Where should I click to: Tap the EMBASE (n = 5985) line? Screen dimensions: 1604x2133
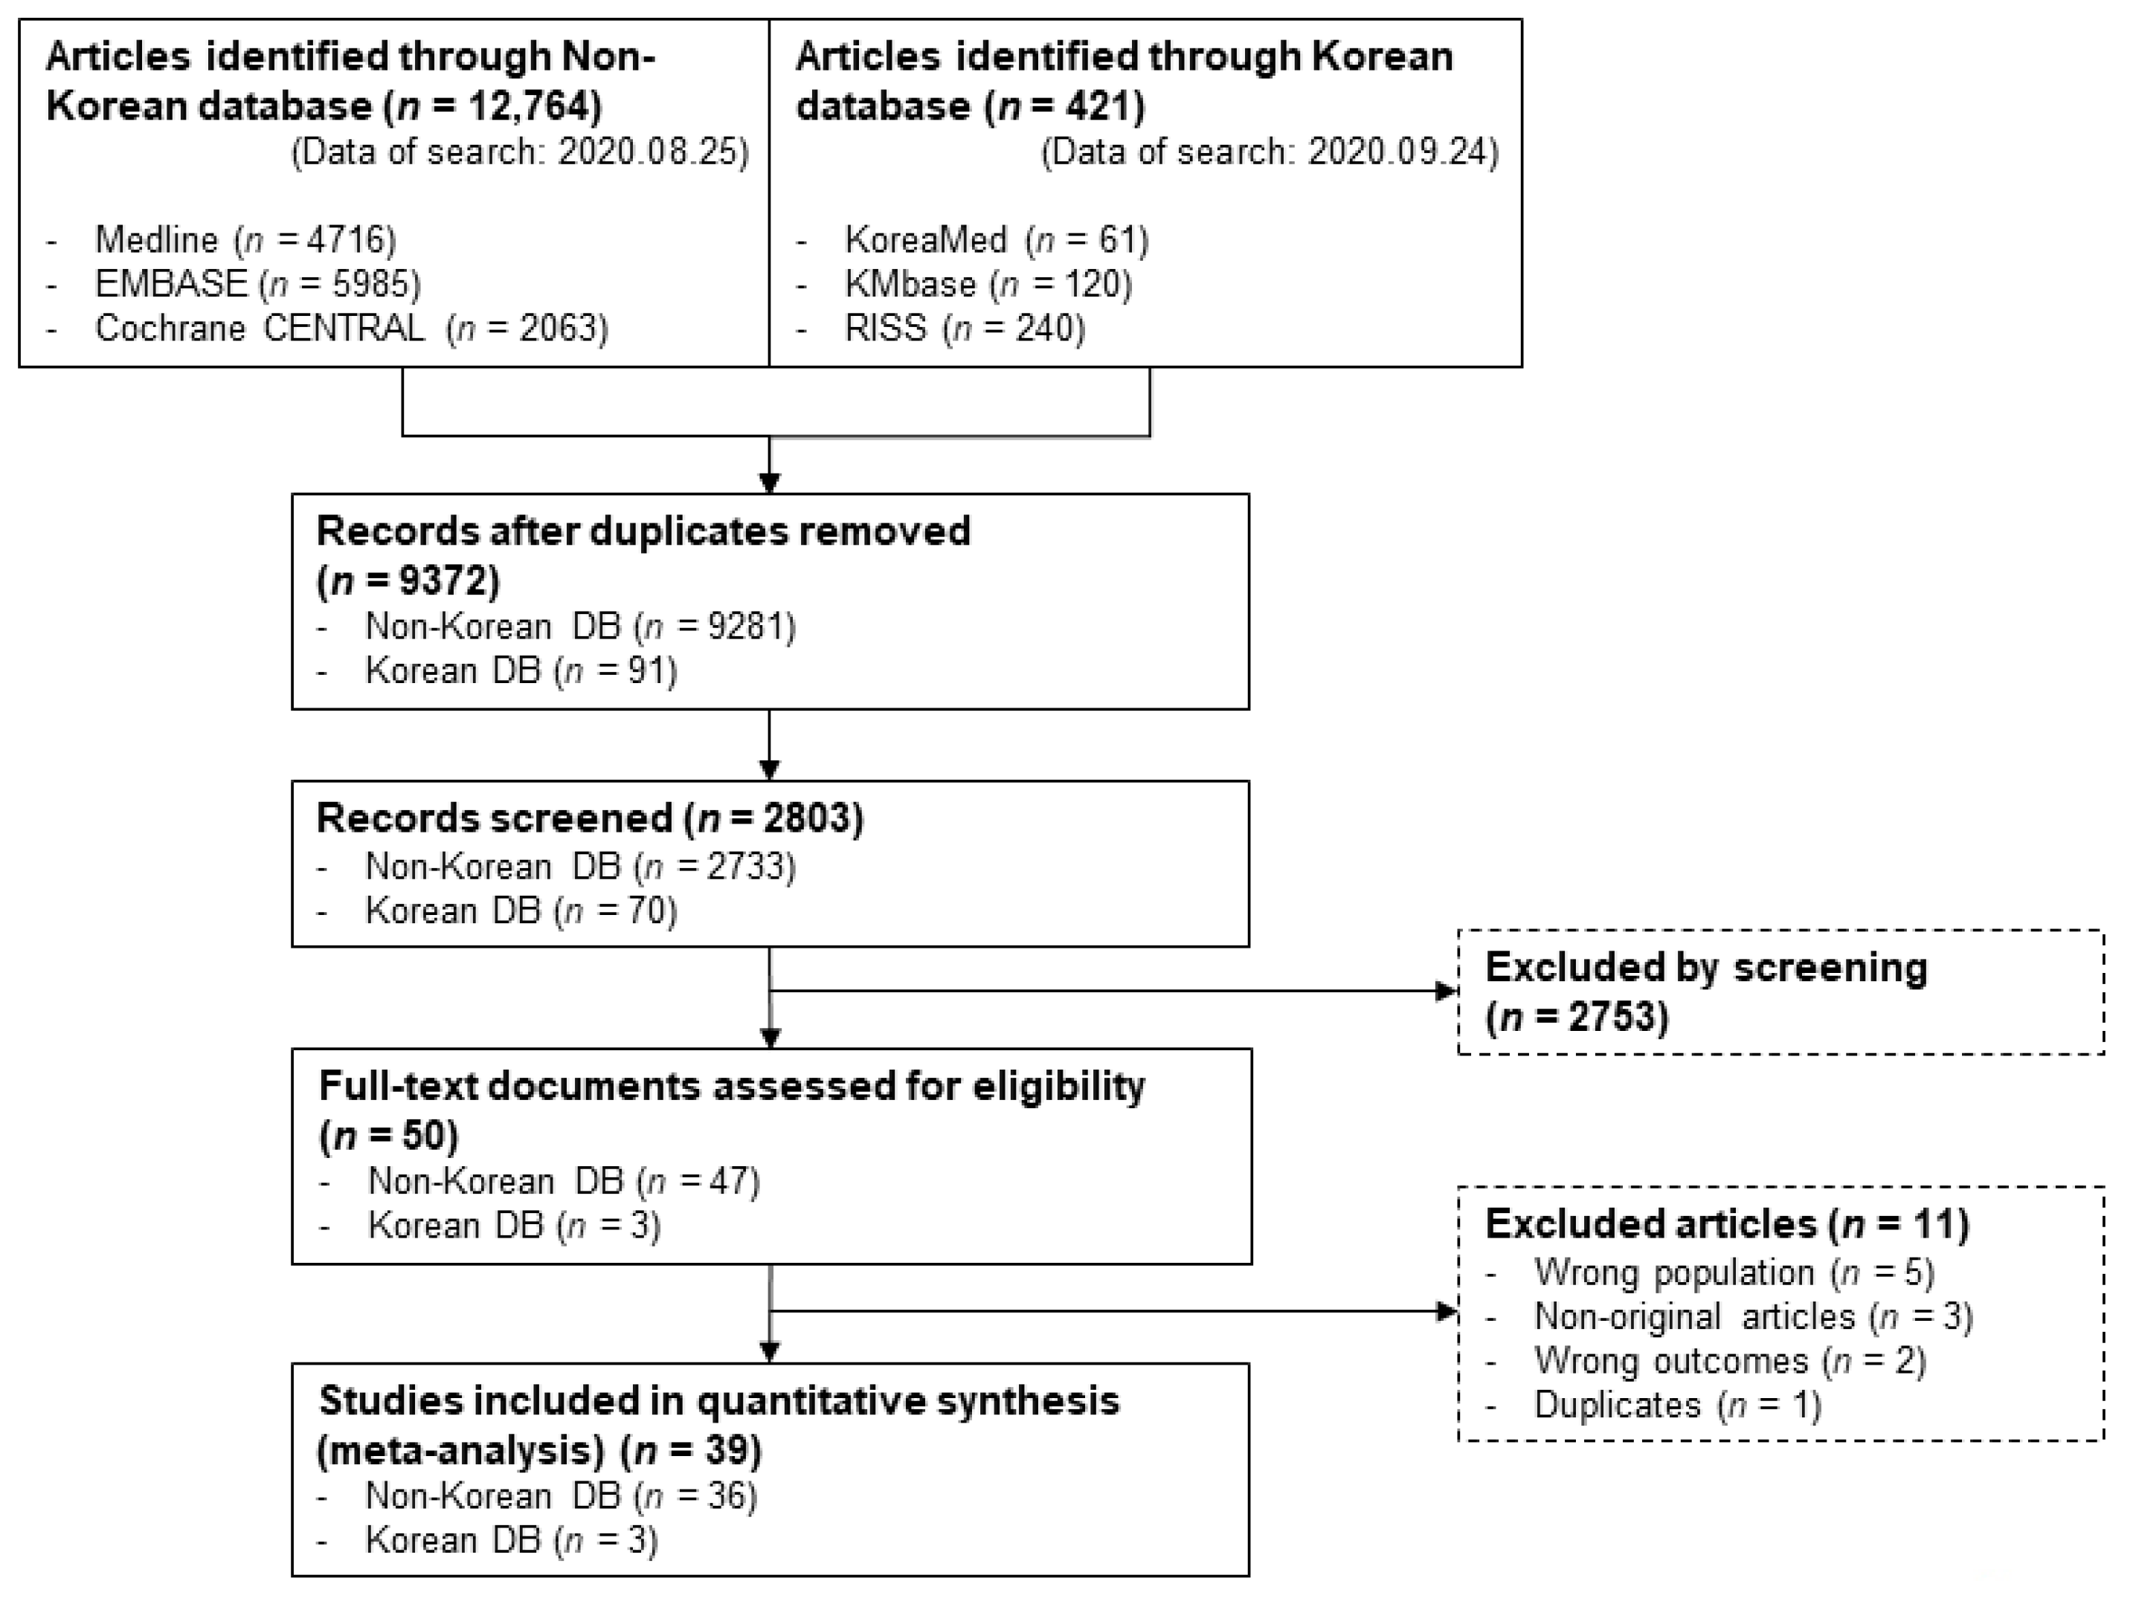click(257, 283)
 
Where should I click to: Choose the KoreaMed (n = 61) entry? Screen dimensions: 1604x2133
click(996, 239)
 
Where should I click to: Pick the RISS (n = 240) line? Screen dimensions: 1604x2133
click(965, 328)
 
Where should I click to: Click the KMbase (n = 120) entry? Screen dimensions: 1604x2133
click(988, 283)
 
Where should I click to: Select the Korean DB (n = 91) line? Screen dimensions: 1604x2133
click(521, 670)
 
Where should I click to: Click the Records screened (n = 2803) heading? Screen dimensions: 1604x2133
click(589, 818)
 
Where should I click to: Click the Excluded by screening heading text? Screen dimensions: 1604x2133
click(1705, 967)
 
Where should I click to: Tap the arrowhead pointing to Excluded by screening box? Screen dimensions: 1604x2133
click(1446, 990)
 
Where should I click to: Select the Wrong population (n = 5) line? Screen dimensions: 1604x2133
click(1733, 1272)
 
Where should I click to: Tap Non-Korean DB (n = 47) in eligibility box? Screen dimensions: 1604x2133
click(563, 1181)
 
